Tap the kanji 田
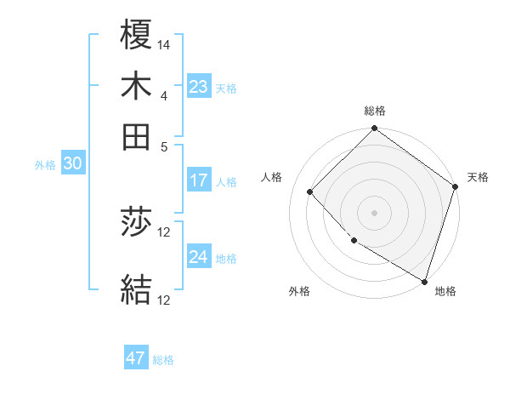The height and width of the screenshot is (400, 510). [136, 136]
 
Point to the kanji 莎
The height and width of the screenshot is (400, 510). [136, 223]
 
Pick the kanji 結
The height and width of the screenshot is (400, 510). [136, 289]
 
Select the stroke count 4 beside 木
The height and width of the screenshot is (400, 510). [164, 95]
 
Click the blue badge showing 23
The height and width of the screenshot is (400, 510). [199, 87]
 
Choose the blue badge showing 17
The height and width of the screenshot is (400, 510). [199, 180]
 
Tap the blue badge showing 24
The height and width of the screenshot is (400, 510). [199, 257]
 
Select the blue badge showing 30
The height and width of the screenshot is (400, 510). [71, 164]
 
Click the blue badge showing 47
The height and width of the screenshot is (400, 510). [136, 358]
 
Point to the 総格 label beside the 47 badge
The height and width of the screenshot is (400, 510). [163, 360]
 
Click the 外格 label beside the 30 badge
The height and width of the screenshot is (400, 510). [45, 166]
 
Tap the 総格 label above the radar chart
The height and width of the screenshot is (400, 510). [375, 111]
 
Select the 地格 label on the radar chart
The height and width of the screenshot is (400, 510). [445, 291]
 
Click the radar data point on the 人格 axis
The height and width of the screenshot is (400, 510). [310, 191]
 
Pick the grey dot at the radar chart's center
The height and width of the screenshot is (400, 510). [374, 212]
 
